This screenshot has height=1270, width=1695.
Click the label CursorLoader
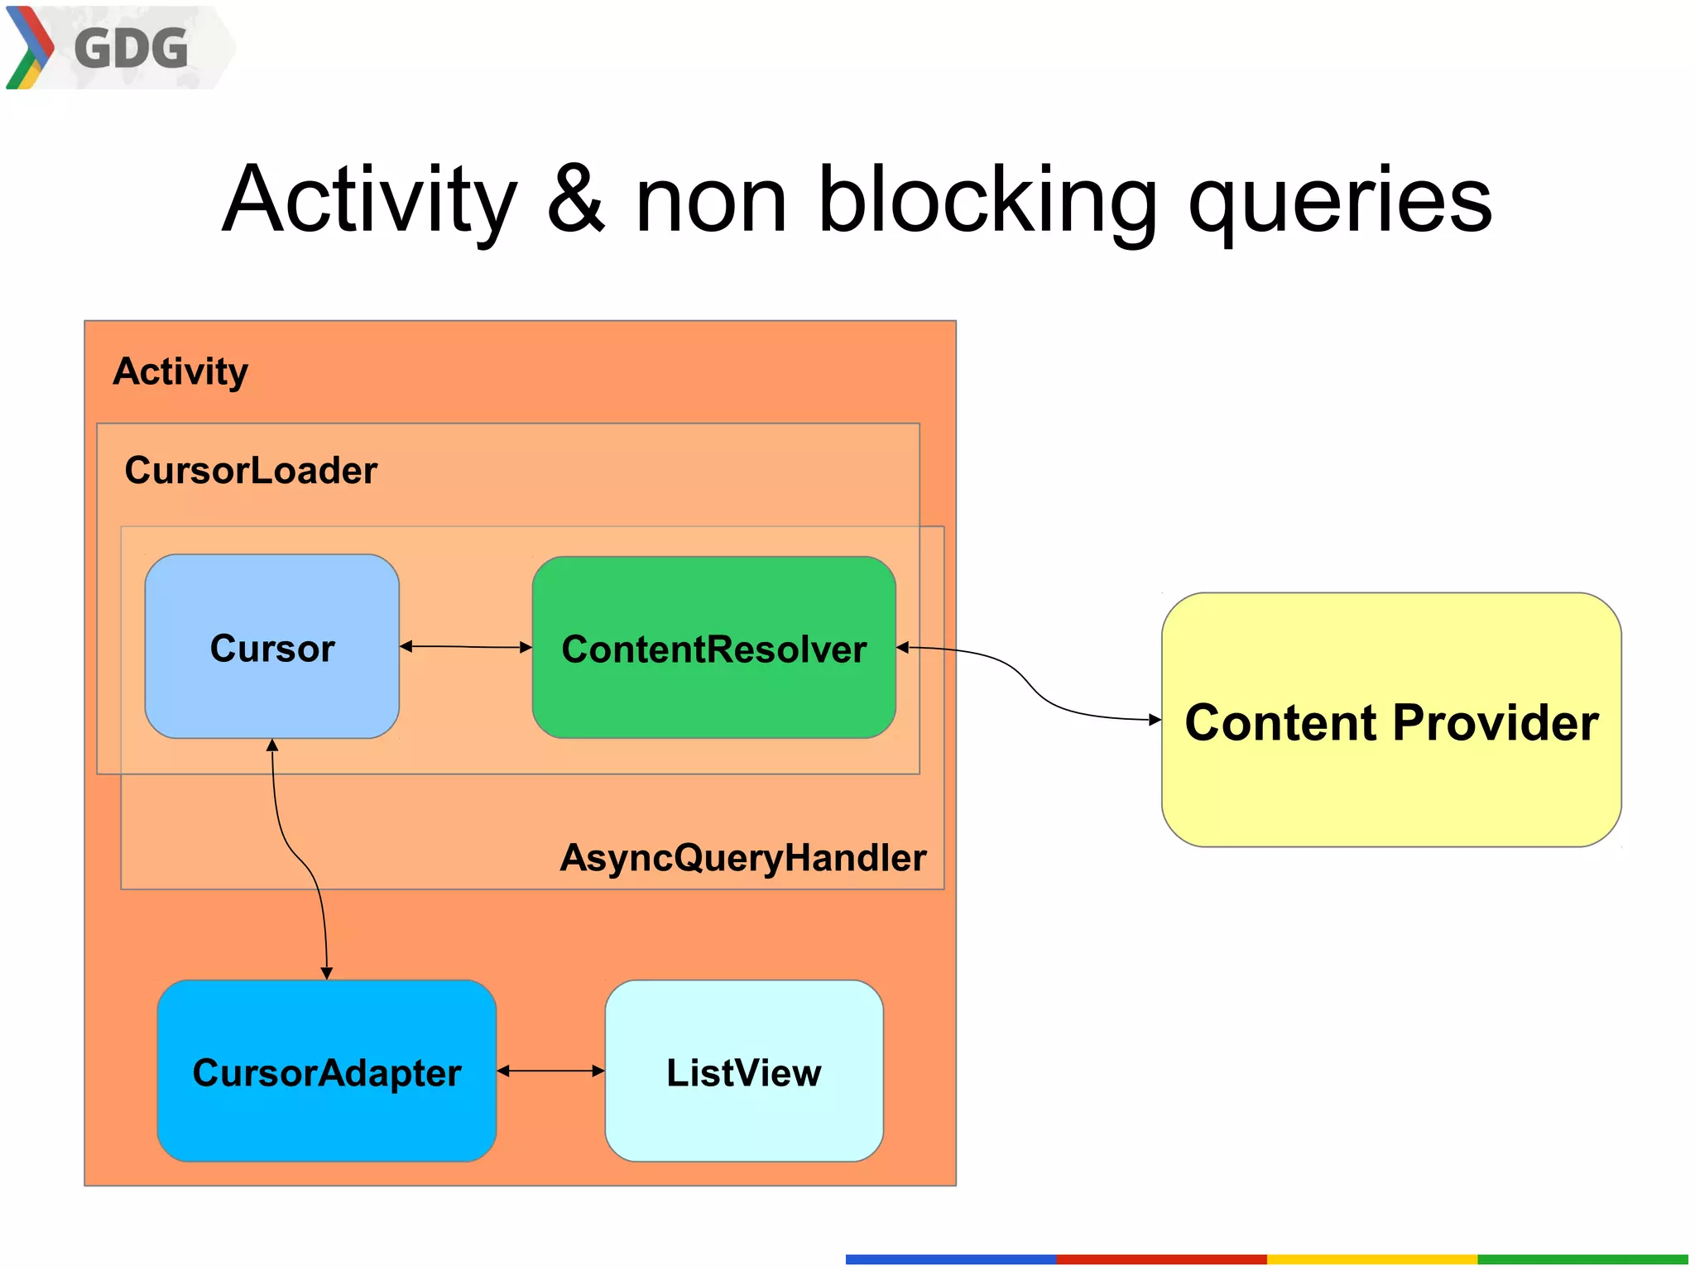point(251,470)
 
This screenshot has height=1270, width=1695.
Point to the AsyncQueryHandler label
point(742,857)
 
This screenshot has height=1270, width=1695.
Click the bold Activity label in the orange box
point(180,371)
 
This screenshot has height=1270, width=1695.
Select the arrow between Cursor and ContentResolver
point(465,646)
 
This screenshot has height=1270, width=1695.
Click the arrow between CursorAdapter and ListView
point(550,1071)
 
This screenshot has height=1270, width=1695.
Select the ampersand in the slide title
point(575,199)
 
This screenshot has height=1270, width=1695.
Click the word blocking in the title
point(987,199)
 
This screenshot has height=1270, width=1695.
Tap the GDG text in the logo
point(131,48)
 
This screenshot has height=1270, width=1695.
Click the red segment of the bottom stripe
point(1160,1259)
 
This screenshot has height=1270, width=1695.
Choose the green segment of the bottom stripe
point(1582,1259)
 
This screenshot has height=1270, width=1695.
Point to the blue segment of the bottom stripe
point(950,1259)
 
